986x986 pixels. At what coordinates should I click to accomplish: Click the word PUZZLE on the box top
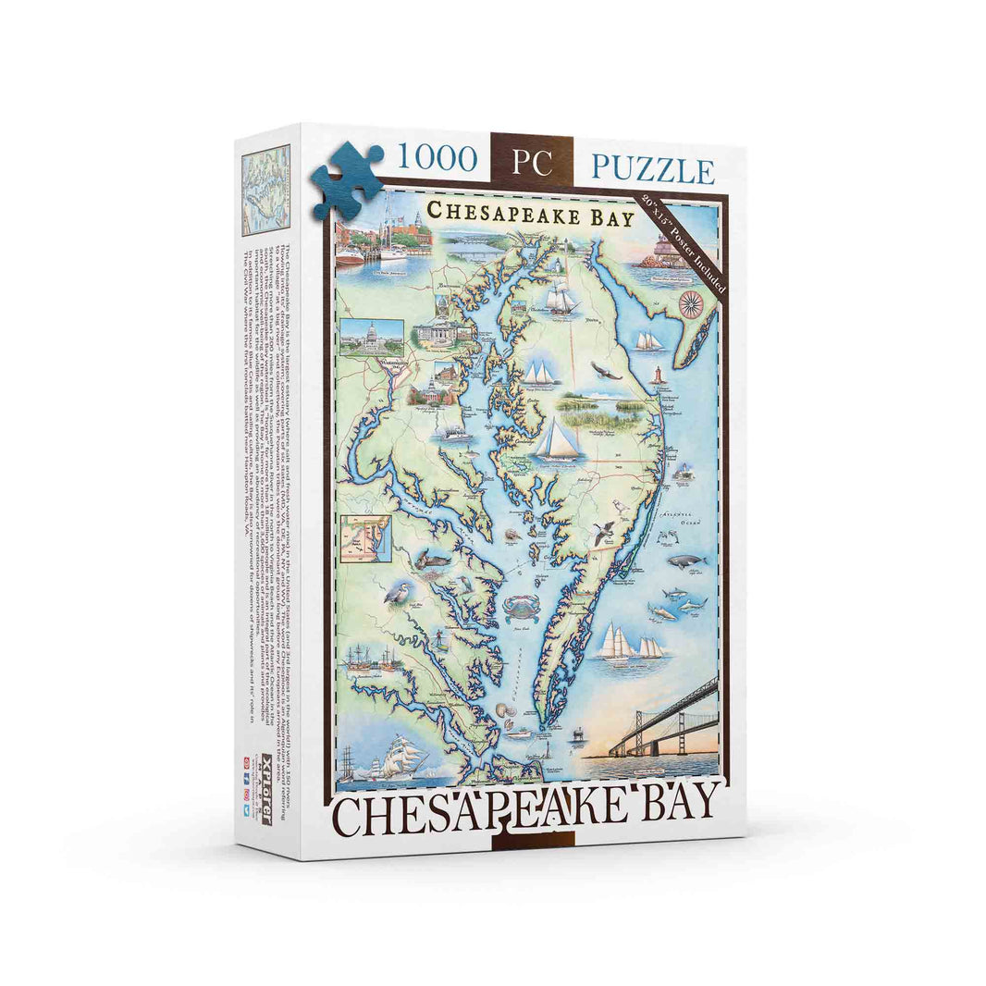pos(653,171)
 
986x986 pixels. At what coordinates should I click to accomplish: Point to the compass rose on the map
pos(690,302)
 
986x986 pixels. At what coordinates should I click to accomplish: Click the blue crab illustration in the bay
pos(520,607)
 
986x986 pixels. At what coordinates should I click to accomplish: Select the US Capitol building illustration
pos(371,337)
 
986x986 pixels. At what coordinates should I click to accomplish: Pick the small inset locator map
pos(365,538)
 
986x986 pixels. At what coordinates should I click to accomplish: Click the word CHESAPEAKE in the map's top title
pos(490,216)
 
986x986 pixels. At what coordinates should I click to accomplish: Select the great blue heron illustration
pos(399,593)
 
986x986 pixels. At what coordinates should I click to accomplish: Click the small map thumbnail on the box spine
pos(265,190)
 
